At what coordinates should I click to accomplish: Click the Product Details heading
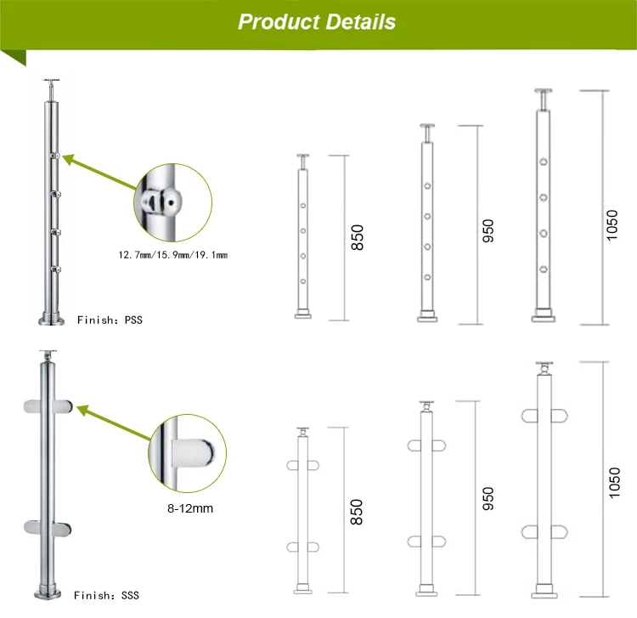coord(317,22)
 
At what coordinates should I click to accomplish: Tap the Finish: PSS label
coord(110,320)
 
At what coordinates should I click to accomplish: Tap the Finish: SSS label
coord(107,595)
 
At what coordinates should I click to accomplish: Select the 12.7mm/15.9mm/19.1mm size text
coord(173,254)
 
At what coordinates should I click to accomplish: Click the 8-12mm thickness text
coord(188,509)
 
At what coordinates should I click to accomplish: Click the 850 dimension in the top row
coord(357,237)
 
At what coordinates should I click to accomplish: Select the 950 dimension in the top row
coord(488,230)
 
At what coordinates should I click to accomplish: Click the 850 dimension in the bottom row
coord(357,511)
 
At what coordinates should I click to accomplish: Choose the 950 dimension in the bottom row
coord(488,497)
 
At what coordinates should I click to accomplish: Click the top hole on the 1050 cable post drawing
coord(542,162)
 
